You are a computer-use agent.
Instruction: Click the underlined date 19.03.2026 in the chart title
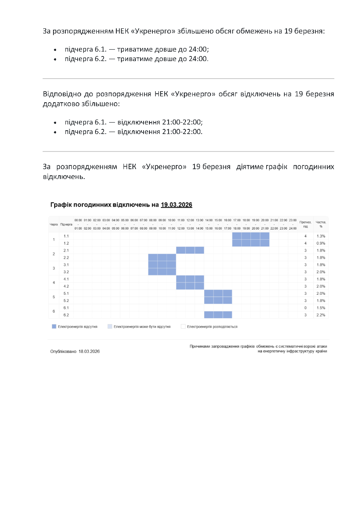tap(177, 205)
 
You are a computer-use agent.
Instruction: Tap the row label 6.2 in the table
tap(66, 315)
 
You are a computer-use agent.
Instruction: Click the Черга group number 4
tap(53, 282)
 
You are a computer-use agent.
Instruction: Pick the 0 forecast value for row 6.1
tap(305, 308)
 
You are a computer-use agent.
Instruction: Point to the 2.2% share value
tap(321, 315)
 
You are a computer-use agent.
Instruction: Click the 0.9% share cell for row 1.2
tap(321, 243)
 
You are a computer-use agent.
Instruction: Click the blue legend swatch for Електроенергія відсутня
tap(54, 327)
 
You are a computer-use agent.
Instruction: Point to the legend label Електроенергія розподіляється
tap(212, 327)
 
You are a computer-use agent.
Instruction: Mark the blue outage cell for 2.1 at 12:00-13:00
tap(190, 250)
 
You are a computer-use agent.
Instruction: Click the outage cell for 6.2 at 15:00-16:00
tap(218, 315)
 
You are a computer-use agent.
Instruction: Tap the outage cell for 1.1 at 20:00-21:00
tap(264, 236)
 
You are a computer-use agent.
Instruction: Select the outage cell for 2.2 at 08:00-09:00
tap(152, 257)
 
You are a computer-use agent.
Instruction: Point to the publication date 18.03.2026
tap(89, 352)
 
